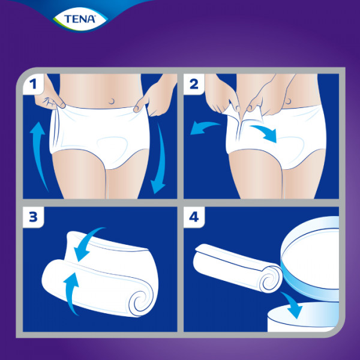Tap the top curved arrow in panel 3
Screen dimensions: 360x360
(89, 244)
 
